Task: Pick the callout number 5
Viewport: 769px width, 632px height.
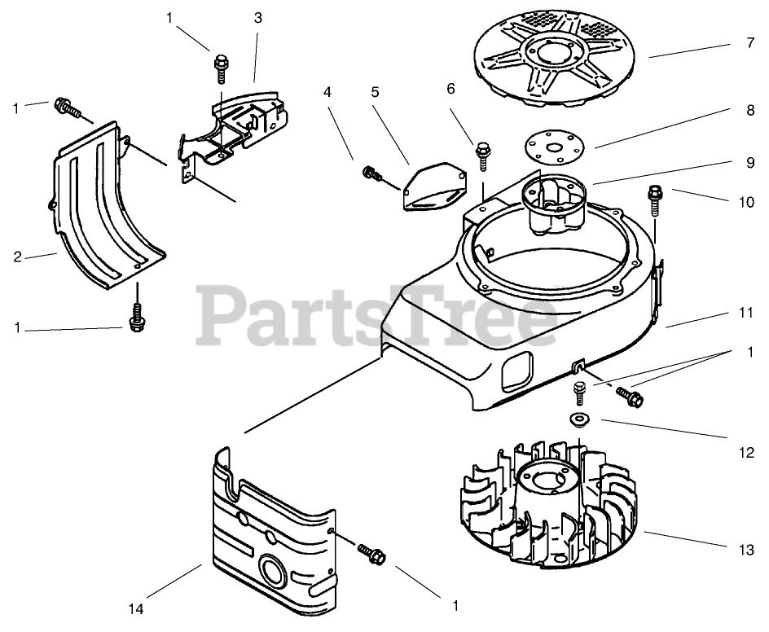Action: (x=375, y=92)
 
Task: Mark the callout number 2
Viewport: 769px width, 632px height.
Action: (x=17, y=257)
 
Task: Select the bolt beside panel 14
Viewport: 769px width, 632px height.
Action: (x=371, y=553)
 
